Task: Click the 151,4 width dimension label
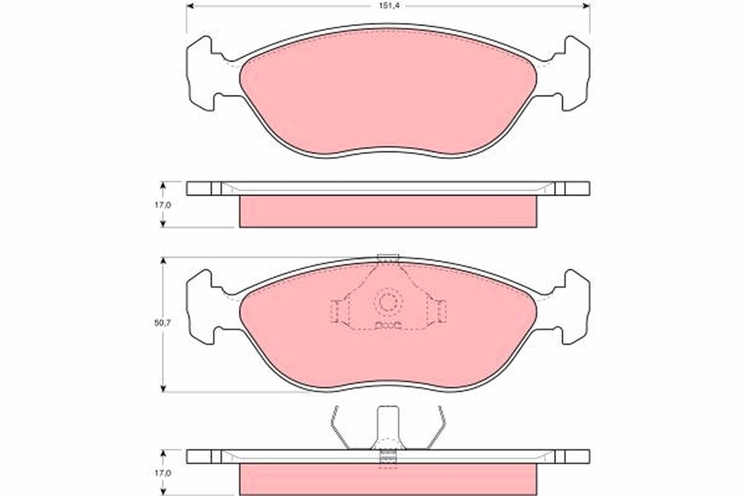click(x=388, y=6)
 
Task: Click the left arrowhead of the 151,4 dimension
click(x=190, y=6)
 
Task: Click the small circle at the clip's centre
click(x=387, y=303)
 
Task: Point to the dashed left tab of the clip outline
click(x=335, y=311)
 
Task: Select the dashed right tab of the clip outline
click(x=441, y=311)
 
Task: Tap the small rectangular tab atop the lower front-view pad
click(x=387, y=258)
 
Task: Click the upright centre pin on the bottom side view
click(x=387, y=428)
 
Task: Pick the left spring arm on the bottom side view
click(x=339, y=427)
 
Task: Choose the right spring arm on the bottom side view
click(x=437, y=427)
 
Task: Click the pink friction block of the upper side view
click(x=388, y=211)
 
